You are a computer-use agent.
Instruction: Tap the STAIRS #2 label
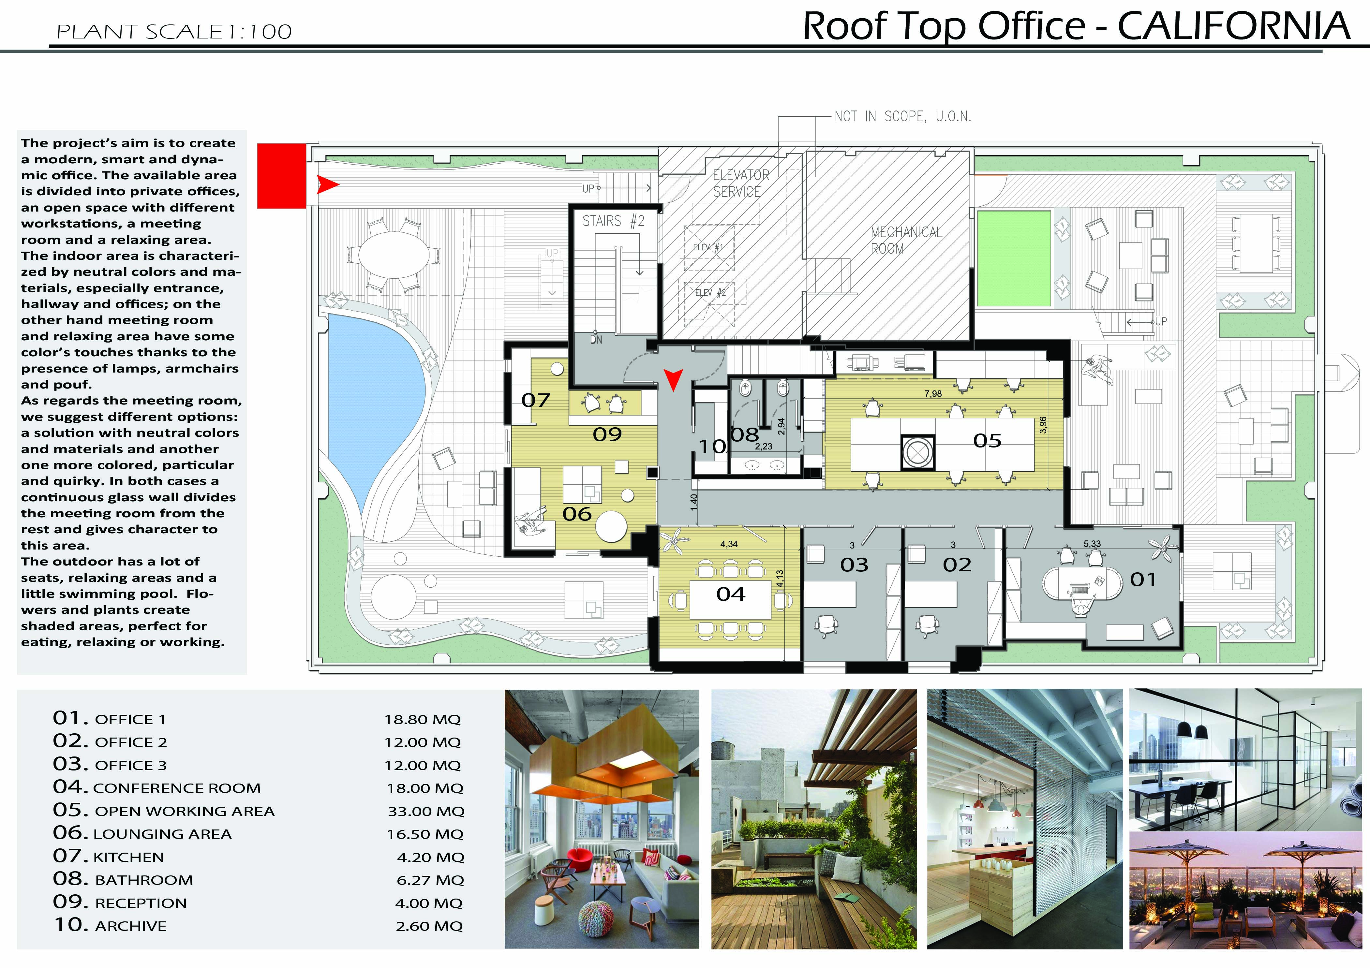click(x=613, y=221)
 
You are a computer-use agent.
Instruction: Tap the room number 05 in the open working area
click(x=987, y=441)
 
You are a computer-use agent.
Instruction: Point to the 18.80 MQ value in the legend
click(x=423, y=720)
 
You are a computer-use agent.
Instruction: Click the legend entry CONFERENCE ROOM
click(x=177, y=788)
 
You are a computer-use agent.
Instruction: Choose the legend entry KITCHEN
click(x=128, y=858)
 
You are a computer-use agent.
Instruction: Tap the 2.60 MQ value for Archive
click(x=429, y=926)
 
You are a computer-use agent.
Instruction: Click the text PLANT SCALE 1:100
click(x=174, y=32)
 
